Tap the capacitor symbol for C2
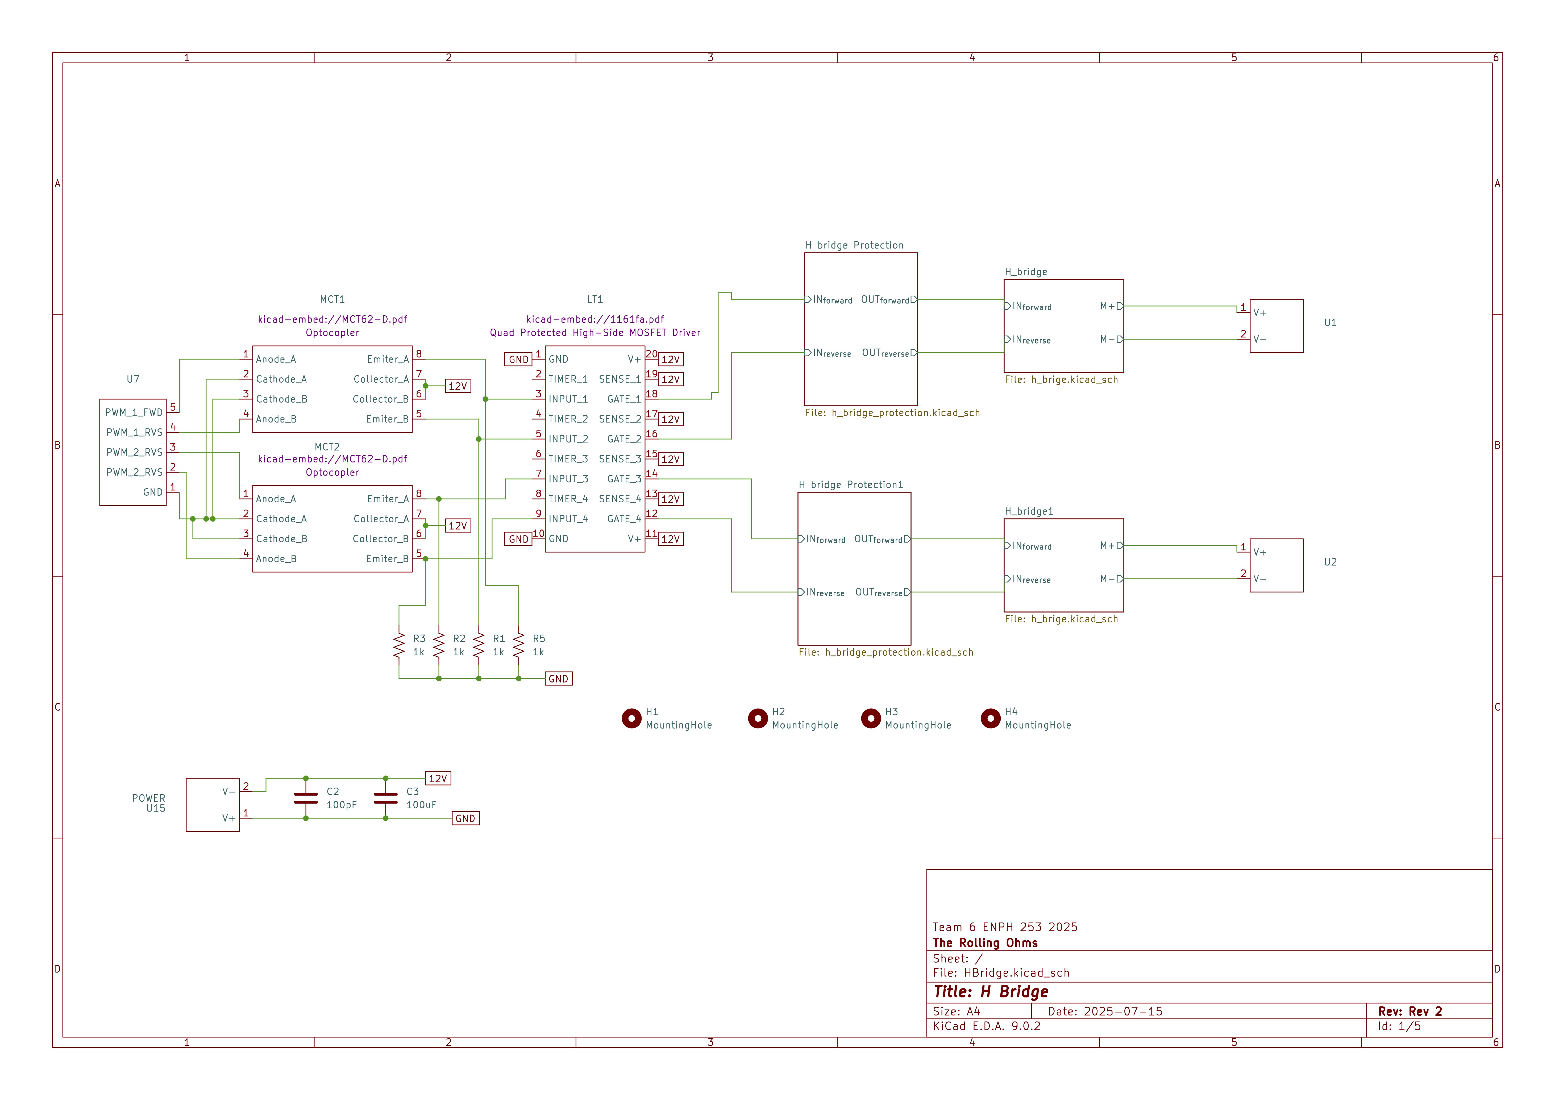(306, 798)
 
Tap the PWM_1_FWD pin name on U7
(134, 412)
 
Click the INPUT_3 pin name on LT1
(568, 479)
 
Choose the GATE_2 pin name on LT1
(624, 439)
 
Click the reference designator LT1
(595, 299)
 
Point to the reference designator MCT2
(327, 447)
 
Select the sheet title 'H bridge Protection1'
(851, 485)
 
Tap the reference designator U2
(1330, 562)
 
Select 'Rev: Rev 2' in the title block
(1410, 1011)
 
